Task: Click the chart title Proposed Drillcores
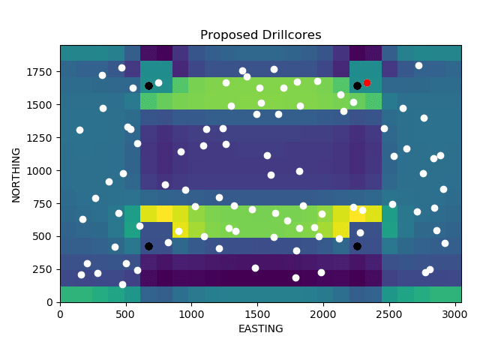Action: point(260,35)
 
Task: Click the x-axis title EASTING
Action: point(260,328)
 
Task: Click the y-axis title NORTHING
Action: point(16,174)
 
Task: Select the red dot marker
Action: point(367,82)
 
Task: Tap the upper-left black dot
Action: point(148,86)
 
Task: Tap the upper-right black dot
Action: point(357,86)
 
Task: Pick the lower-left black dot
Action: point(148,246)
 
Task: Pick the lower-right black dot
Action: point(357,246)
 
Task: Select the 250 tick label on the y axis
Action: point(46,269)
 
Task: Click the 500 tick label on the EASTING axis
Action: point(126,313)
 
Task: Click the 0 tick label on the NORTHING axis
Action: point(51,302)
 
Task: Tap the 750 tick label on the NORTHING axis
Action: point(46,204)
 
